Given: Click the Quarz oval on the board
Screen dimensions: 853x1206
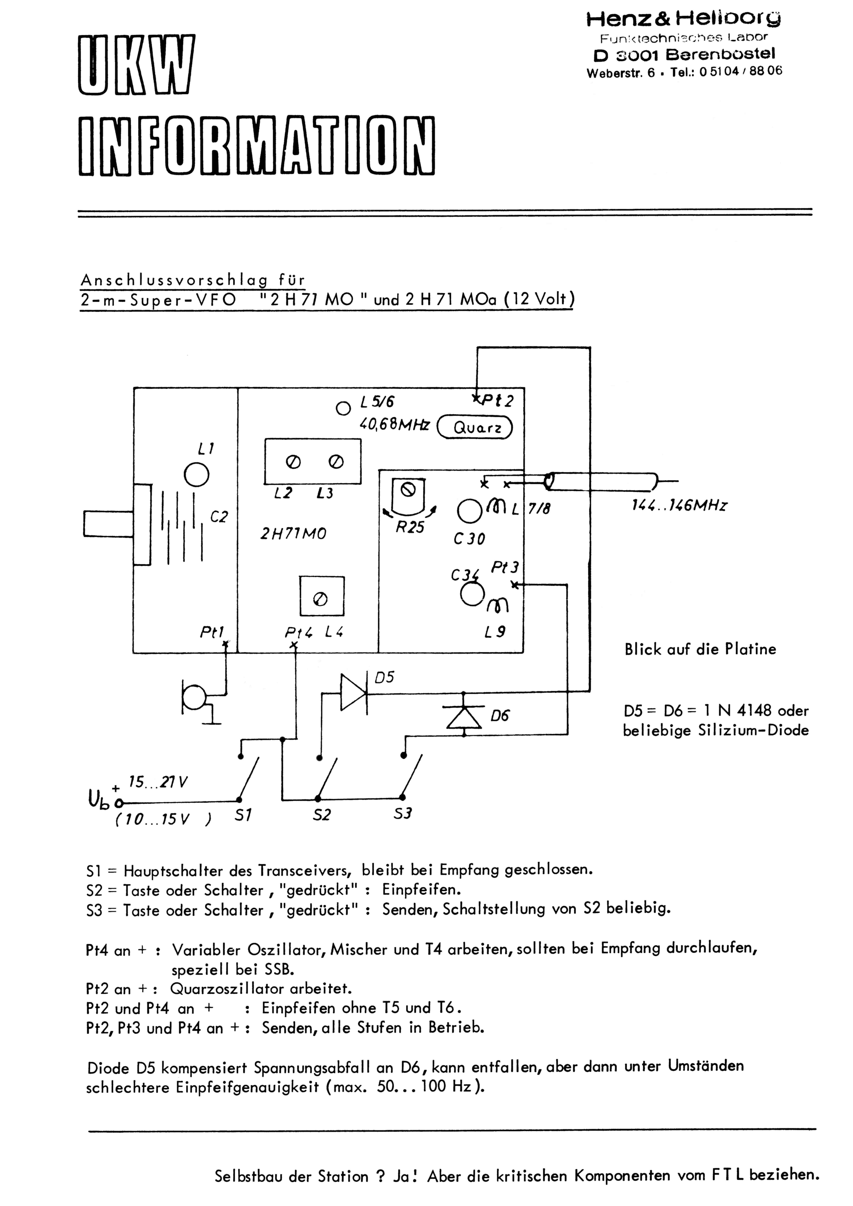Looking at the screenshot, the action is click(475, 427).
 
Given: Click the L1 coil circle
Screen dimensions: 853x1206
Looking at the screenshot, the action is click(197, 476).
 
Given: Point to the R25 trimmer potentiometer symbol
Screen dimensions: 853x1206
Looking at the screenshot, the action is click(408, 497).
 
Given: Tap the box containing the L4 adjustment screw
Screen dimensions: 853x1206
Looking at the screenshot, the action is click(322, 596).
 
